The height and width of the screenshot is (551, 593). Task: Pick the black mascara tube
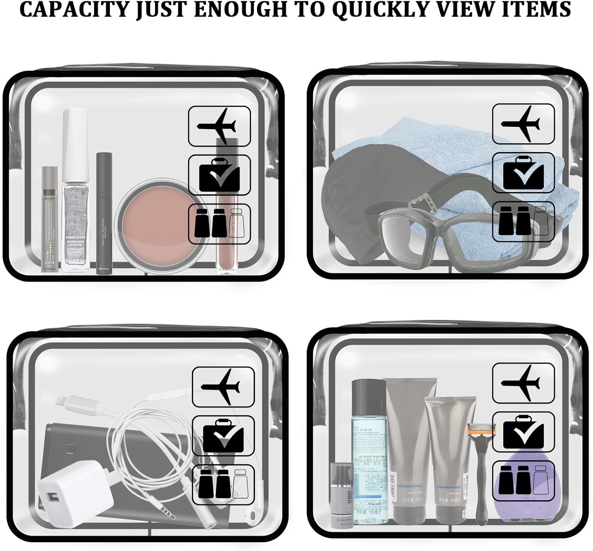click(x=104, y=213)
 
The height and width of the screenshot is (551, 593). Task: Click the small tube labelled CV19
click(x=49, y=221)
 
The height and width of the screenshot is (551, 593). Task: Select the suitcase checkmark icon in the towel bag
click(x=523, y=172)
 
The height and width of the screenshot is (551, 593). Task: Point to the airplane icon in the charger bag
click(x=223, y=387)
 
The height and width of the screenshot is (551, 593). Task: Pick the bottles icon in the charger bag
click(x=223, y=483)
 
